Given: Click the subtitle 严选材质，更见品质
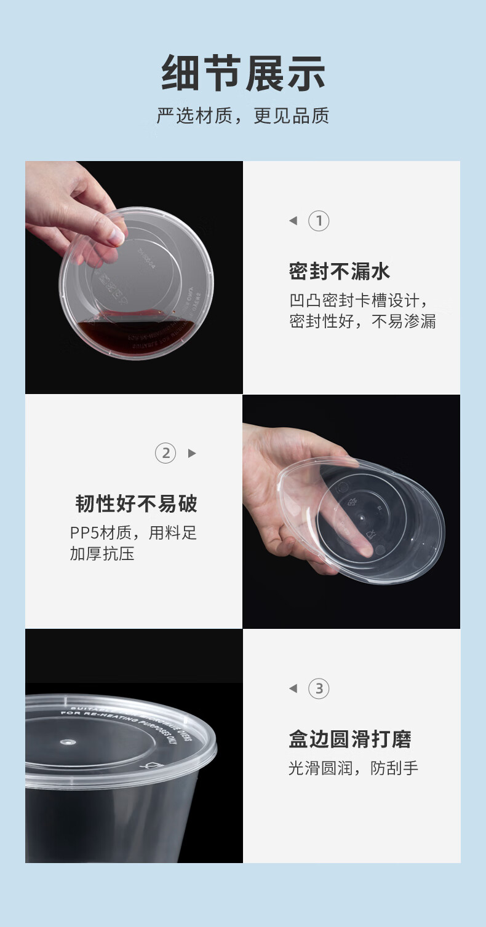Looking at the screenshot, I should pyautogui.click(x=243, y=116).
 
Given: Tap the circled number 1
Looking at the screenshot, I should pyautogui.click(x=319, y=221).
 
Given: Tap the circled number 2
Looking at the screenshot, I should pyautogui.click(x=165, y=454).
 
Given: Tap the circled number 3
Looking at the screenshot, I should pyautogui.click(x=319, y=688).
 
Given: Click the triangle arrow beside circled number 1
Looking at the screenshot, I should pyautogui.click(x=293, y=221).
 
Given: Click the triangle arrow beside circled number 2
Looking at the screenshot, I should pyautogui.click(x=192, y=454).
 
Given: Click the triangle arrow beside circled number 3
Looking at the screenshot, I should pyautogui.click(x=293, y=688).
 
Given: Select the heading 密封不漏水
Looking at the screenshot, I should pyautogui.click(x=340, y=271).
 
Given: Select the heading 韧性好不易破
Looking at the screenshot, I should pyautogui.click(x=137, y=504).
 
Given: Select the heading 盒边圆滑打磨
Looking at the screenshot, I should pyautogui.click(x=350, y=739).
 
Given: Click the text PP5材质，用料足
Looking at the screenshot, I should pyautogui.click(x=133, y=533).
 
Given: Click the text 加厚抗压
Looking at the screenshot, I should pyautogui.click(x=102, y=554).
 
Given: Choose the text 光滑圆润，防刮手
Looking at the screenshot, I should pyautogui.click(x=354, y=768).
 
